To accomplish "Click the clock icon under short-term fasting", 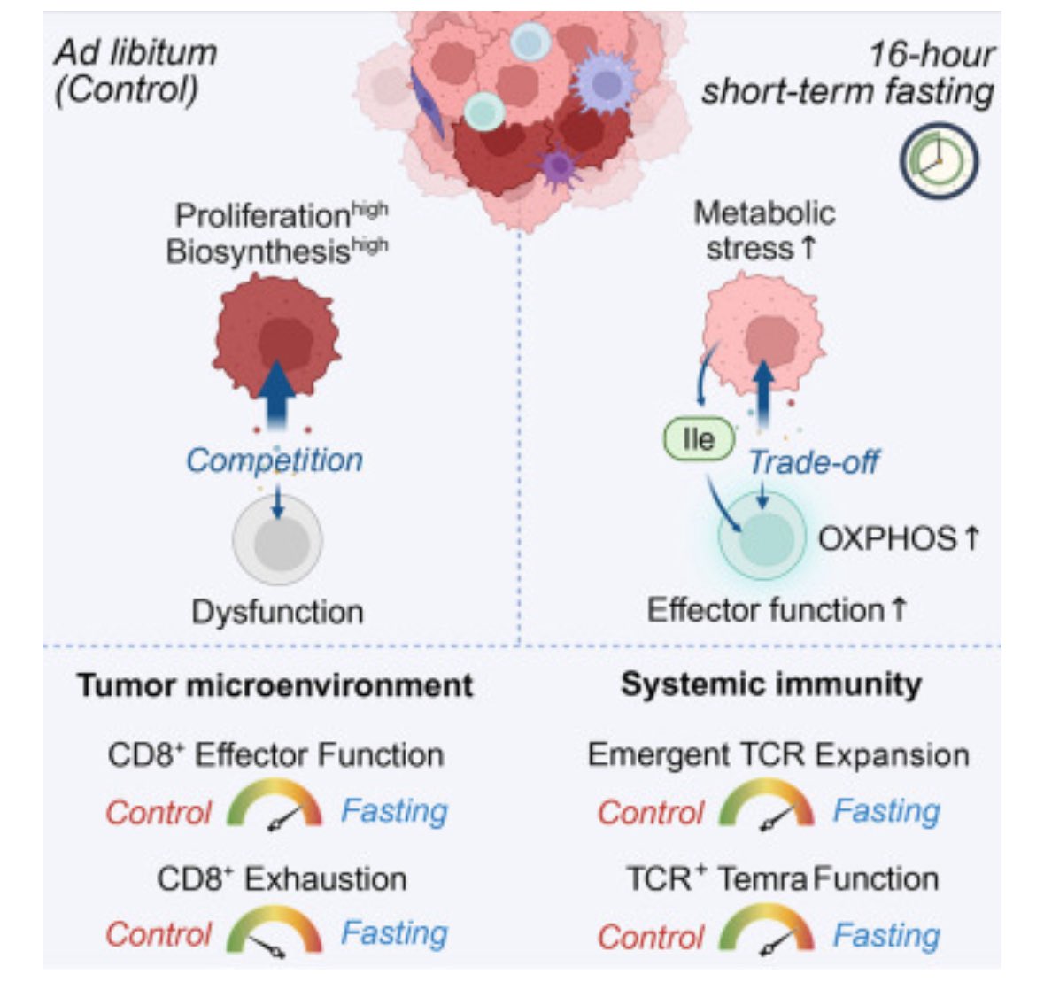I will click(x=939, y=162).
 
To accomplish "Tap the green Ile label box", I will click(x=700, y=439).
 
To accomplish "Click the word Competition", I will click(x=275, y=460).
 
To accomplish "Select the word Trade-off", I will click(x=814, y=461).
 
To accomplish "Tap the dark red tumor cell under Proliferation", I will click(x=276, y=335).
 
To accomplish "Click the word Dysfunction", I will click(x=277, y=612).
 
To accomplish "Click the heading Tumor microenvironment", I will click(x=275, y=685).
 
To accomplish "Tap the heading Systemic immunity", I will click(x=770, y=684).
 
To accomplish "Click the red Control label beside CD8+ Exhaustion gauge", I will click(x=159, y=934).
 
